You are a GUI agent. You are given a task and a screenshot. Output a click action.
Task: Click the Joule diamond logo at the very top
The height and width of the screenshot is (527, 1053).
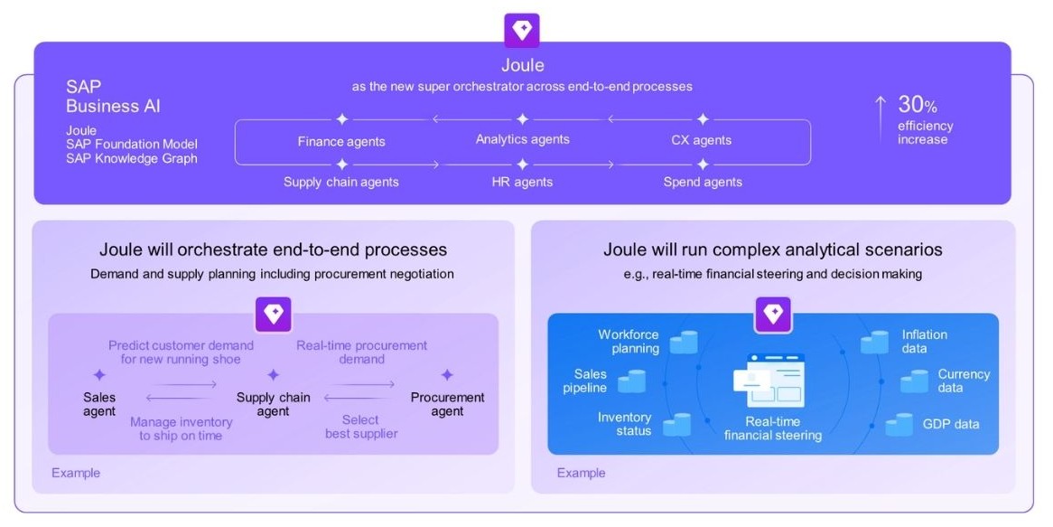click(x=522, y=30)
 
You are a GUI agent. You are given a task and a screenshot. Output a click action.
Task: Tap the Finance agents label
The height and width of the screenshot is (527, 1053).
click(x=341, y=141)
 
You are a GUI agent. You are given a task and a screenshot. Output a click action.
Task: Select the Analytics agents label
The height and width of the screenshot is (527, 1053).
click(x=523, y=139)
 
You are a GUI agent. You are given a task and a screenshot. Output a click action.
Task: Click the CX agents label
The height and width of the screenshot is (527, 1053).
click(x=702, y=140)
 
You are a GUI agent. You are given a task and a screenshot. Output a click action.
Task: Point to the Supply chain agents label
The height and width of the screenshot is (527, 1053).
click(x=341, y=182)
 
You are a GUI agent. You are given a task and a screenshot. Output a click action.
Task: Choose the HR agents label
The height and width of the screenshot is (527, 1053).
click(x=523, y=182)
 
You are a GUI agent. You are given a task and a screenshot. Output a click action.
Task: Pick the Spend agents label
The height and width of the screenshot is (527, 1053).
click(x=703, y=182)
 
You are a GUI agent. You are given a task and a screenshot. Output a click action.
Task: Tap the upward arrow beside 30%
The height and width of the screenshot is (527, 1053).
click(x=881, y=118)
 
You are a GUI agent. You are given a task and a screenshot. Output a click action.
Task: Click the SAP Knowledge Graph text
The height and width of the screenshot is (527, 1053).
click(x=132, y=158)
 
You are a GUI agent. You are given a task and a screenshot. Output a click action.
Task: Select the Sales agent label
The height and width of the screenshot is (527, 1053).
click(x=99, y=404)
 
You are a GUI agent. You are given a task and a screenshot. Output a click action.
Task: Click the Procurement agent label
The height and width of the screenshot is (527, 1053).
click(x=447, y=404)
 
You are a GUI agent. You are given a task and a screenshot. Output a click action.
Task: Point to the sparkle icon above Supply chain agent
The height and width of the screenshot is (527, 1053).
click(x=273, y=375)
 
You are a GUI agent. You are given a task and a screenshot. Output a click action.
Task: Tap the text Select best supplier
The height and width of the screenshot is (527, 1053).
click(x=361, y=426)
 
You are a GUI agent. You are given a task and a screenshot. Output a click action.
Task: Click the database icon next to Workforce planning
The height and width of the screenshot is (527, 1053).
click(x=684, y=342)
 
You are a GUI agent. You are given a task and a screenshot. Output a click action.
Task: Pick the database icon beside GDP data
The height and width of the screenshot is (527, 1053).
click(x=899, y=424)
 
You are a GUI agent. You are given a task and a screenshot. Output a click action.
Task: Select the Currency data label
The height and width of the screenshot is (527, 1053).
click(x=964, y=381)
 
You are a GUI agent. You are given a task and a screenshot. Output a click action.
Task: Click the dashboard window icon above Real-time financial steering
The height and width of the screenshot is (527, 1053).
click(x=773, y=380)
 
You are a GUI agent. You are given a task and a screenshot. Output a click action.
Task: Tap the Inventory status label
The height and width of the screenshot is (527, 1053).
click(x=624, y=424)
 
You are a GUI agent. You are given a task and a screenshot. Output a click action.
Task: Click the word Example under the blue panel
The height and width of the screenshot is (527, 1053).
click(x=582, y=473)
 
